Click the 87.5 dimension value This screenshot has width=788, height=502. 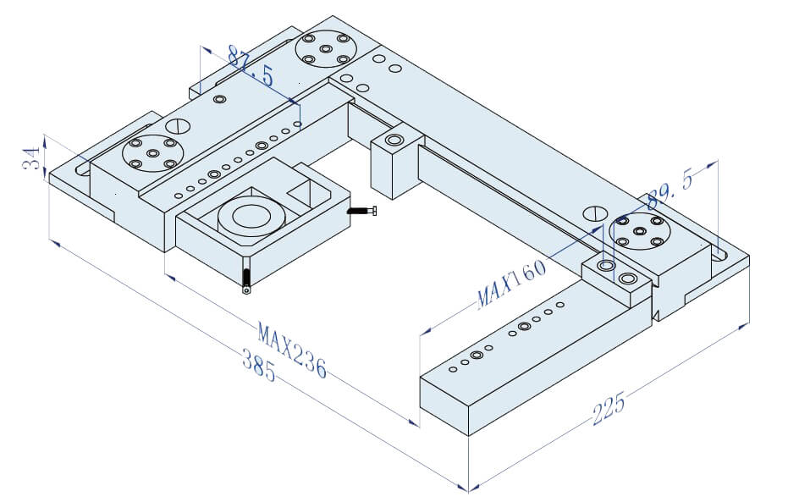click(251, 67)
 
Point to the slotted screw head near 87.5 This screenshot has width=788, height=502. click(176, 126)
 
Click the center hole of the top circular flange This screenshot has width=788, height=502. click(326, 49)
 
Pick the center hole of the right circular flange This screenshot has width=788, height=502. click(639, 230)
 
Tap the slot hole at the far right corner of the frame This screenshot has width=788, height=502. click(722, 252)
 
